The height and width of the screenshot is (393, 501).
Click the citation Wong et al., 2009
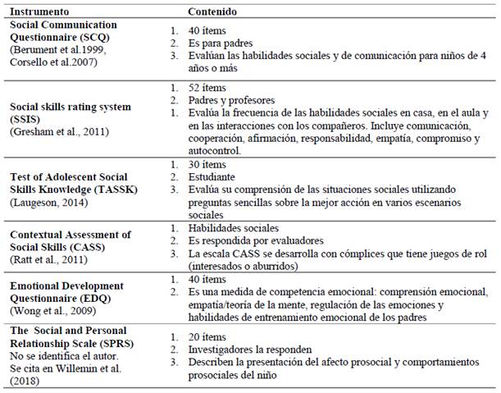pos(52,310)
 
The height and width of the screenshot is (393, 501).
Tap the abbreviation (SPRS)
pos(96,340)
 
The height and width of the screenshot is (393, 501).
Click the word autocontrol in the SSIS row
pos(215,150)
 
